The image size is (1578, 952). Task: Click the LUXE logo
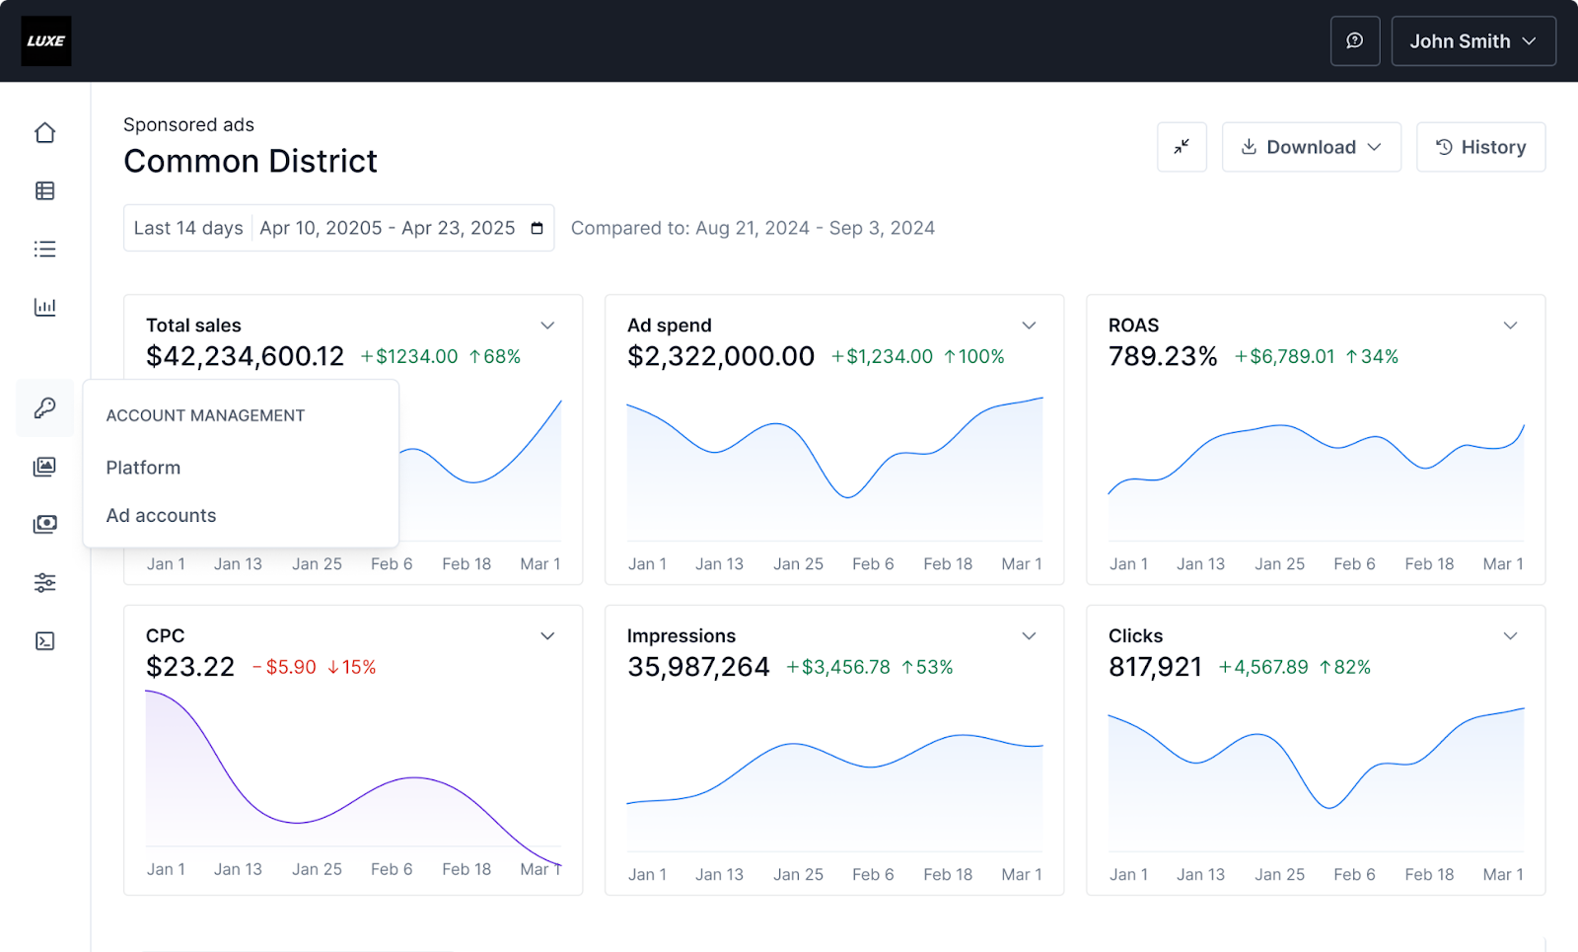click(x=46, y=41)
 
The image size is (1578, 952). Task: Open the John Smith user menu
click(x=1472, y=41)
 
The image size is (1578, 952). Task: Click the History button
click(x=1480, y=147)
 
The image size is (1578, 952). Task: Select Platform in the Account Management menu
click(x=143, y=468)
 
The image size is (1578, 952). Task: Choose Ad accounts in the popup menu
click(x=161, y=516)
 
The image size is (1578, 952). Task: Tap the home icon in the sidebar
click(x=45, y=133)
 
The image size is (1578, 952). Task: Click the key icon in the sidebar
click(x=45, y=407)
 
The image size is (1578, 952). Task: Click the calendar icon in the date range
click(x=538, y=229)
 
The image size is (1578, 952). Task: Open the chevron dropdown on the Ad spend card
click(x=1029, y=326)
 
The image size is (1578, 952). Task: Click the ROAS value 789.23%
click(x=1163, y=356)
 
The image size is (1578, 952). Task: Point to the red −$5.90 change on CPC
click(x=285, y=668)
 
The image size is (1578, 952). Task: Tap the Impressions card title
click(x=681, y=636)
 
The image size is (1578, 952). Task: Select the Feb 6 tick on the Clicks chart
click(x=1354, y=874)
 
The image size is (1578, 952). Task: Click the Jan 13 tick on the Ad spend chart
click(x=719, y=564)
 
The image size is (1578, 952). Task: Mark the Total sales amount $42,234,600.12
click(x=245, y=356)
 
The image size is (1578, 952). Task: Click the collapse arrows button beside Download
click(x=1182, y=147)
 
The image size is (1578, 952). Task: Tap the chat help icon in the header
click(x=1355, y=41)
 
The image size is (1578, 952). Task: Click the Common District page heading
click(x=251, y=161)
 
